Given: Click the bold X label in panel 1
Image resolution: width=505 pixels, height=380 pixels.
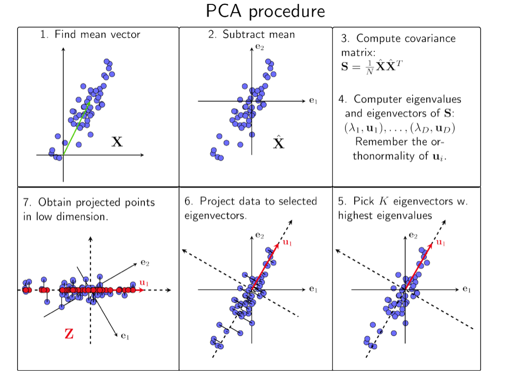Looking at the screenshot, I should tap(117, 142).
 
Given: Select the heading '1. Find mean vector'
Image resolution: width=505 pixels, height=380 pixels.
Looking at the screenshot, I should tap(90, 35).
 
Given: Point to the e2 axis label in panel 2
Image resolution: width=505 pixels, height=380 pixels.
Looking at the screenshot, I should tap(259, 47).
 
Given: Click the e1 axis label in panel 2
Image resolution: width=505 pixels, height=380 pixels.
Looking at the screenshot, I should tap(313, 101).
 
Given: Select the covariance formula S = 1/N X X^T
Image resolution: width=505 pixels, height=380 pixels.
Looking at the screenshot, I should tap(371, 66).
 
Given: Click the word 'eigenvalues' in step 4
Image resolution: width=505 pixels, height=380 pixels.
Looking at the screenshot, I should tap(434, 99).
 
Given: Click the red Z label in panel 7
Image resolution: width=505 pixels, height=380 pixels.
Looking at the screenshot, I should tap(69, 335).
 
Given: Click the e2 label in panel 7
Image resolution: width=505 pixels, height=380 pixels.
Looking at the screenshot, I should tap(145, 263).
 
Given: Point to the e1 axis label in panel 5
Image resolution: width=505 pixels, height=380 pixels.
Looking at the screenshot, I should tap(466, 289).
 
